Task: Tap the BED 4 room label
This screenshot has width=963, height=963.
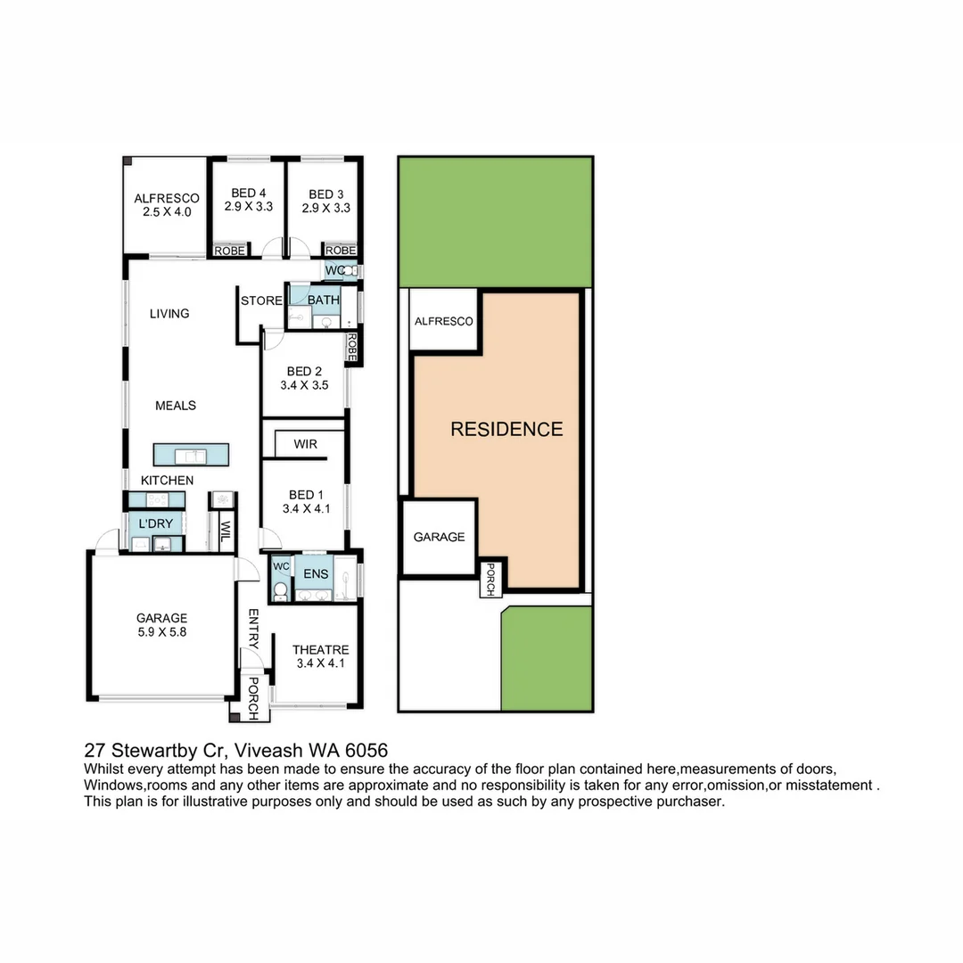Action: [248, 200]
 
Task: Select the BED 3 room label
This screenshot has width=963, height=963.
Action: [326, 200]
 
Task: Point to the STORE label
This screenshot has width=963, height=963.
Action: [261, 300]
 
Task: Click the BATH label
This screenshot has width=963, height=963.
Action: [323, 300]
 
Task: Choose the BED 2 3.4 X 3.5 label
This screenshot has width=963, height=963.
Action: [303, 379]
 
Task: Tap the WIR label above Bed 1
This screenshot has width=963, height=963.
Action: [305, 444]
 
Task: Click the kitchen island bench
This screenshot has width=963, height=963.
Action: [191, 455]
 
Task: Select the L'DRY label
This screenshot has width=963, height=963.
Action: [156, 523]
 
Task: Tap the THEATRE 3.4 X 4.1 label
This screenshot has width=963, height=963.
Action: [320, 656]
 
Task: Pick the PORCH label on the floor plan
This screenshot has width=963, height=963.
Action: [252, 699]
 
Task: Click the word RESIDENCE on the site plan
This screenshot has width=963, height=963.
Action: [506, 429]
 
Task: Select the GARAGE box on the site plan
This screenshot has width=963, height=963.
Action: [439, 538]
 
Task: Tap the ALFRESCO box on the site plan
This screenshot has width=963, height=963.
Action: [442, 321]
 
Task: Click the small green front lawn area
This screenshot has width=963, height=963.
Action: [547, 660]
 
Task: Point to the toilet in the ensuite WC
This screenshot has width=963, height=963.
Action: [280, 589]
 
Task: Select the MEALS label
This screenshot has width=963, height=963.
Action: [175, 406]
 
